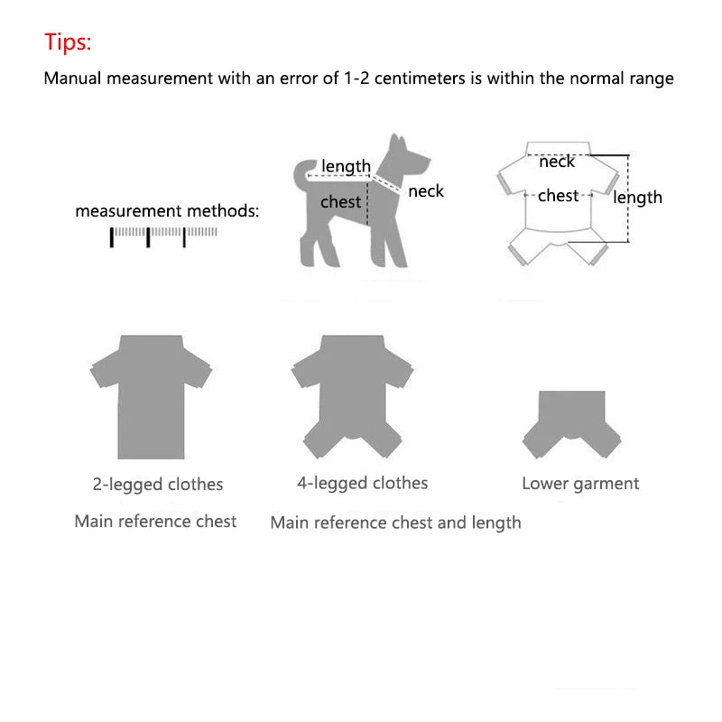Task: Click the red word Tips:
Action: tap(69, 42)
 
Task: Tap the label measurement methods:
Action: tap(167, 211)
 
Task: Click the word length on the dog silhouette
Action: tap(346, 166)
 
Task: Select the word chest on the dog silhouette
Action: tap(340, 202)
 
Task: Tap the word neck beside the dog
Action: tap(426, 191)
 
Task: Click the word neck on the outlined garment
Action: tap(557, 162)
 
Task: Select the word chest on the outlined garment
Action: tap(558, 195)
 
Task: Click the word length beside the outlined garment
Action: tap(638, 198)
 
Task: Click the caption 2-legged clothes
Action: tap(157, 485)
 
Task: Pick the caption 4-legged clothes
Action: tap(362, 484)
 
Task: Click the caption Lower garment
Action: tap(579, 484)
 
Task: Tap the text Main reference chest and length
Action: tap(395, 523)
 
